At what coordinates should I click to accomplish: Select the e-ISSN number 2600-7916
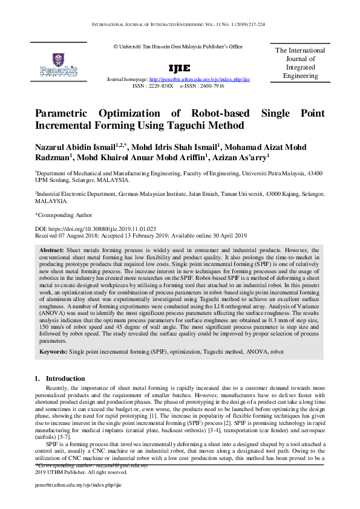coord(210,86)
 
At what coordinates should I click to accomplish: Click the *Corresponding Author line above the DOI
coord(64,215)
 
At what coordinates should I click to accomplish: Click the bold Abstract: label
coord(51,250)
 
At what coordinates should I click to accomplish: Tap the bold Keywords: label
coord(53,351)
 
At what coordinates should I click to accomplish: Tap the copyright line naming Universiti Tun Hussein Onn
coord(177,47)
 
